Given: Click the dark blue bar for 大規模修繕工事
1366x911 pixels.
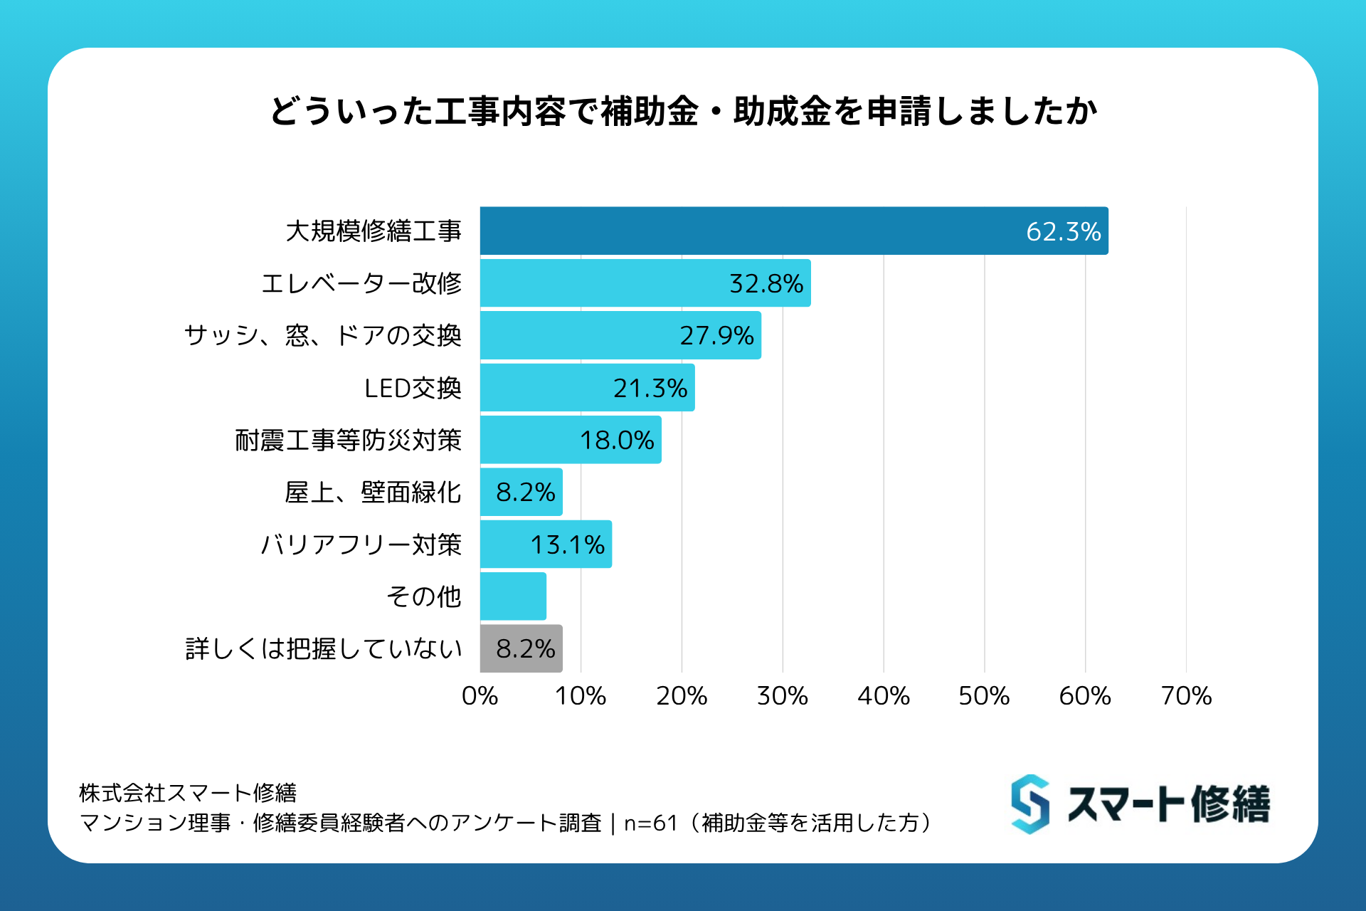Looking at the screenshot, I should click(793, 231).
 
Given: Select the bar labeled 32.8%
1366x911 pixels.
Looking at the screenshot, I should click(645, 283).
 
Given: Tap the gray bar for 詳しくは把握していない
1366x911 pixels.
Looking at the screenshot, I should click(521, 648).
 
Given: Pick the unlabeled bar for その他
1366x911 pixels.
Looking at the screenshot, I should click(513, 596).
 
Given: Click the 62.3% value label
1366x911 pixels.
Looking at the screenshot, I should click(1063, 231).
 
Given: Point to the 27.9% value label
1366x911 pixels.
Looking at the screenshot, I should click(716, 335).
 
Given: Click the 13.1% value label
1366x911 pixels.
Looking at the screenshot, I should click(567, 544).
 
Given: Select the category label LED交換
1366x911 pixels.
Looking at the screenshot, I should click(413, 388).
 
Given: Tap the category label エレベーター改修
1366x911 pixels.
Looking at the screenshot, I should click(361, 283).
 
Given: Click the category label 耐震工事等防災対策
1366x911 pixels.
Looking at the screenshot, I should click(348, 440).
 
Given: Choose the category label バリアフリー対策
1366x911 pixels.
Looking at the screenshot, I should click(361, 544).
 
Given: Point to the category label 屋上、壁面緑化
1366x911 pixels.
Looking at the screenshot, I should click(373, 493).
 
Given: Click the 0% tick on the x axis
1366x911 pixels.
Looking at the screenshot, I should click(480, 695).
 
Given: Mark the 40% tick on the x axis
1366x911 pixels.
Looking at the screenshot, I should click(883, 695).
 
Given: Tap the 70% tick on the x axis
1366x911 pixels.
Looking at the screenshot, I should click(1186, 695).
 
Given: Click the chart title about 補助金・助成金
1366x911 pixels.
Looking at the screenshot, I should click(683, 112).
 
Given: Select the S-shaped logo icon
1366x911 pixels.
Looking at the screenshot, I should click(1030, 804).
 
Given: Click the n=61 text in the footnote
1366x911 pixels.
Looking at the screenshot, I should click(650, 823).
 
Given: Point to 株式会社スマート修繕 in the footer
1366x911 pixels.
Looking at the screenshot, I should click(188, 792).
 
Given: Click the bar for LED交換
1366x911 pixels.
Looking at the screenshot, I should click(587, 388).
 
